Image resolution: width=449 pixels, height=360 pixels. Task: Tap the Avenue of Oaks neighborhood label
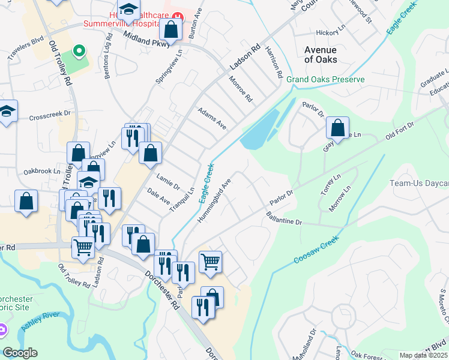[321, 55]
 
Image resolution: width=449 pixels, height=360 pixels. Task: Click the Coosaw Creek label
[316, 249]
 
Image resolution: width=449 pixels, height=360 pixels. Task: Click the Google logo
[20, 353]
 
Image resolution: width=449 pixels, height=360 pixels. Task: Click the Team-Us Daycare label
[419, 183]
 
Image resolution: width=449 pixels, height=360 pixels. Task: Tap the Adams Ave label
[212, 118]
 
